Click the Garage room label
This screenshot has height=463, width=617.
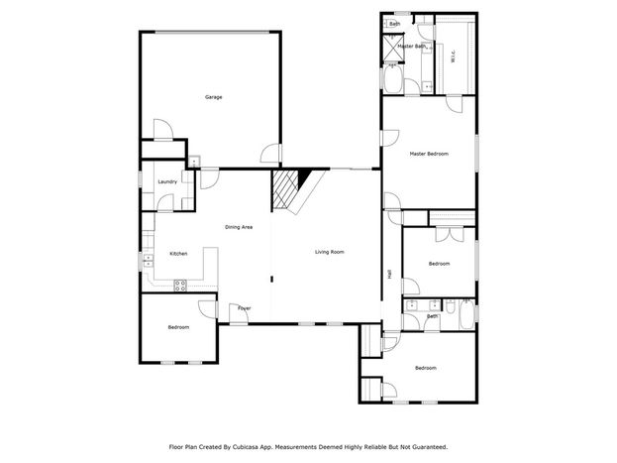point(213,97)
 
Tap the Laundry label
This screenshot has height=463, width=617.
point(167,181)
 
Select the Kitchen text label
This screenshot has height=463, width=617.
point(178,254)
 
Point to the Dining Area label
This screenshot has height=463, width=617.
point(239,227)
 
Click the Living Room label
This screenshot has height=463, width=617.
point(330,252)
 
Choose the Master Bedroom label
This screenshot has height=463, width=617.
point(429,154)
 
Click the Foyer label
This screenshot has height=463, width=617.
point(244,308)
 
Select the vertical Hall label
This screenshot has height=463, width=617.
point(389,275)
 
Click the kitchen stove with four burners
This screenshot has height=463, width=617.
point(180,286)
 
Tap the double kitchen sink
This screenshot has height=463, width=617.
point(149,261)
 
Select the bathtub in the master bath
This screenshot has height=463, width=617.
point(393,78)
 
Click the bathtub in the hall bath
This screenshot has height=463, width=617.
point(466,314)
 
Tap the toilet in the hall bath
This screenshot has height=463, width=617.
point(451,305)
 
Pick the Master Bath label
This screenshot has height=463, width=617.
point(412,47)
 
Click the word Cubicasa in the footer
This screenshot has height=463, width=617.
point(244,447)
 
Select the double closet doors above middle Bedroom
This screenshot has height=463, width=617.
point(450,235)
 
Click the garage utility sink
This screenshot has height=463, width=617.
point(194,162)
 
